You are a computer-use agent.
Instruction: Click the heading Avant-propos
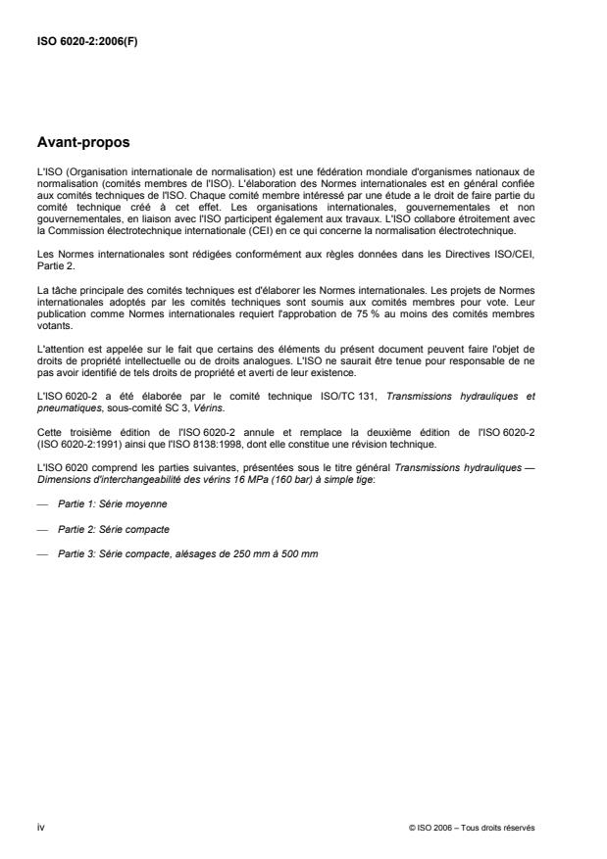coord(83,142)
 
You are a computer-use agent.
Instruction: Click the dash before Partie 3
coord(40,555)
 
